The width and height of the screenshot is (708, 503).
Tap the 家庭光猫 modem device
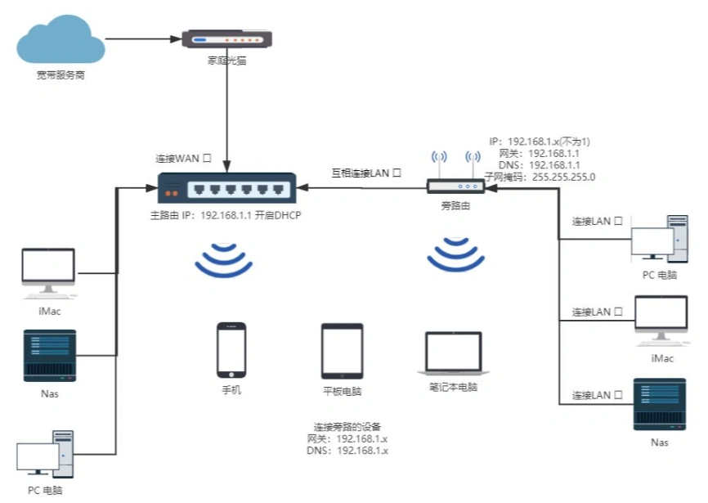226,38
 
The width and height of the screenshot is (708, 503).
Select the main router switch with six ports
226,189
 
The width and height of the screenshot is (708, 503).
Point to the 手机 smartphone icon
231,350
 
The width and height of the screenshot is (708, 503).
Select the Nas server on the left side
49,356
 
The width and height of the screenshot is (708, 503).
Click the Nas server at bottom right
660,404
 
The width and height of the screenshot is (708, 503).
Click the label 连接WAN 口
184,157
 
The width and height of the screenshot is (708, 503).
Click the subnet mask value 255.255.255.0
563,176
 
